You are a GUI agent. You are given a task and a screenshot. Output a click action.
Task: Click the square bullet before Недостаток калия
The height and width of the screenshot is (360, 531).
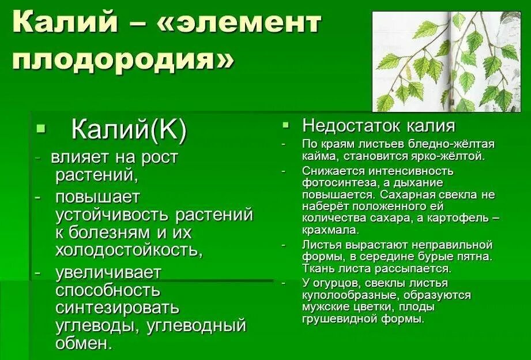286,125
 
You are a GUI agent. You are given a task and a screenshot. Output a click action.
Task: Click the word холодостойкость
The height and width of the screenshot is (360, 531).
129,250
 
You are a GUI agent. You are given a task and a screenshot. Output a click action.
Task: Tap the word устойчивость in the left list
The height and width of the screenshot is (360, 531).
113,215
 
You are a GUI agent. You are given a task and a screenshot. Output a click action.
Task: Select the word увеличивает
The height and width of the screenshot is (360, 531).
108,272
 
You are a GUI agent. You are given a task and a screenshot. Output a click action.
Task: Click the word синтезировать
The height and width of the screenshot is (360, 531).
117,307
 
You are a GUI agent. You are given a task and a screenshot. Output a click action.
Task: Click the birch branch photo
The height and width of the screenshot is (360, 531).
446,61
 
